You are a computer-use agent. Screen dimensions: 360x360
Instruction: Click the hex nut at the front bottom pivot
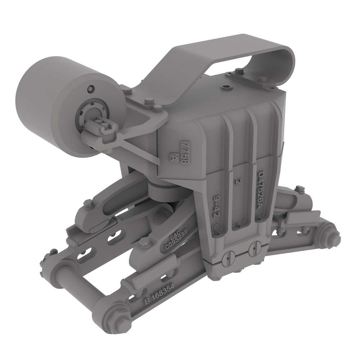[x=118, y=315]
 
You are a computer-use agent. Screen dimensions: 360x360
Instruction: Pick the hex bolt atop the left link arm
[x=88, y=204]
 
